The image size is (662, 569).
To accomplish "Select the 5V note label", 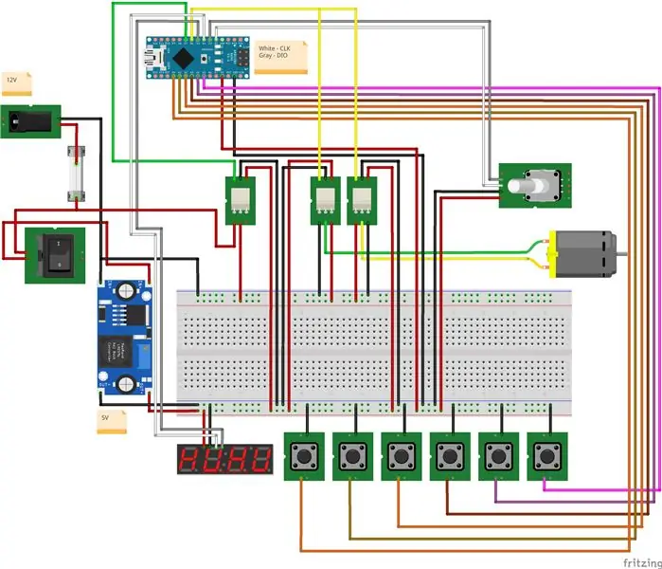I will click(x=111, y=420).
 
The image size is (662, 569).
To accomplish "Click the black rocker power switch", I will click(x=55, y=254).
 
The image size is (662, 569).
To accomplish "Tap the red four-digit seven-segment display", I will click(x=224, y=460).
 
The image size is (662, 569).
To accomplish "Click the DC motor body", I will click(x=583, y=256).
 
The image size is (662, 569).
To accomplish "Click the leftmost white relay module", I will click(x=242, y=200).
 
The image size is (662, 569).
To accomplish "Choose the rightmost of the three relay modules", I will click(x=362, y=200).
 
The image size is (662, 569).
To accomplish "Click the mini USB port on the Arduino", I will click(x=154, y=58).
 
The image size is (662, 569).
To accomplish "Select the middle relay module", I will click(x=325, y=200).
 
